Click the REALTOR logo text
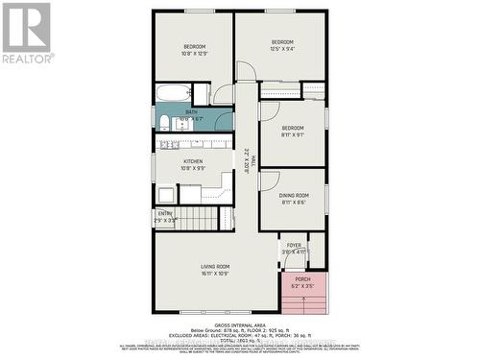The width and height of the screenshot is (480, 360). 27,59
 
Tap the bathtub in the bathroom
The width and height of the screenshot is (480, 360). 174,94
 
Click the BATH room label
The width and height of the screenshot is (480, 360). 192,111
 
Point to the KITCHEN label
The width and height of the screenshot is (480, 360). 193,162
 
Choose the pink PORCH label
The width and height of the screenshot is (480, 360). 302,279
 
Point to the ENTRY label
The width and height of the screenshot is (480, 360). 165,214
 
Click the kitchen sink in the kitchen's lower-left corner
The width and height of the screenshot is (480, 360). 166,192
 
